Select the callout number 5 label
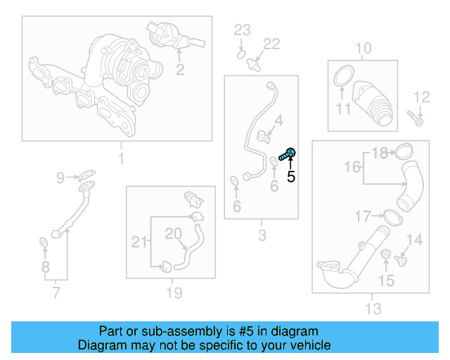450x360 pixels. (x=291, y=176)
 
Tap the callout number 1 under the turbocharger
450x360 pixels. (x=120, y=158)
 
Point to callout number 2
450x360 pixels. (x=180, y=69)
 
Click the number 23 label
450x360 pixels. (x=242, y=30)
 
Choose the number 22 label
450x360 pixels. (x=271, y=44)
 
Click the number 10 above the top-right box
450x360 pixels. (x=364, y=49)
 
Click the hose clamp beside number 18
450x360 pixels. (x=404, y=151)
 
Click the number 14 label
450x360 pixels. (x=415, y=240)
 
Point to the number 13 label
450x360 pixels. (x=373, y=308)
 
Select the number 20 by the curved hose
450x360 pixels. (x=173, y=233)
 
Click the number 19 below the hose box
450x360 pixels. (x=174, y=292)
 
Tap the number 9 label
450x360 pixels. (x=60, y=177)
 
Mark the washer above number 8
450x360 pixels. (x=43, y=243)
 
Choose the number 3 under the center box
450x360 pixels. (x=262, y=236)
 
